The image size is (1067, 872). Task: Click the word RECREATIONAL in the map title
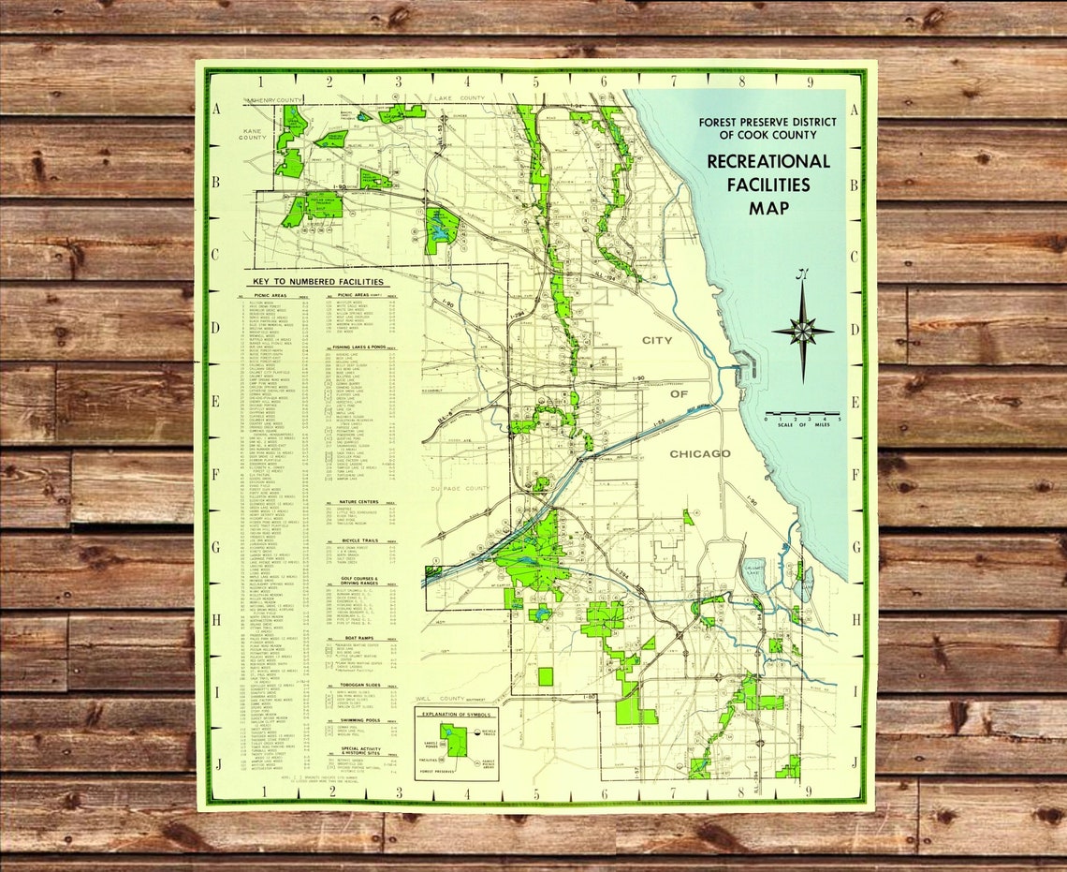[x=767, y=161]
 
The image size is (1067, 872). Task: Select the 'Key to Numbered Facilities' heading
[x=316, y=281]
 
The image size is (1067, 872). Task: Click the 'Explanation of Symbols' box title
[x=457, y=714]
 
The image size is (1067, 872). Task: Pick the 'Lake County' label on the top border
[x=459, y=98]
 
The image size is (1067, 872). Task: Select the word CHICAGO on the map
[x=699, y=453]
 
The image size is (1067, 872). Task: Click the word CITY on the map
[x=657, y=341]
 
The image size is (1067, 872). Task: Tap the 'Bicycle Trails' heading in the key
[x=361, y=541]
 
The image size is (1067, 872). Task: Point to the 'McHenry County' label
[x=274, y=99]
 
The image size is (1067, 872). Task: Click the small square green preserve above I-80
[x=546, y=676]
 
